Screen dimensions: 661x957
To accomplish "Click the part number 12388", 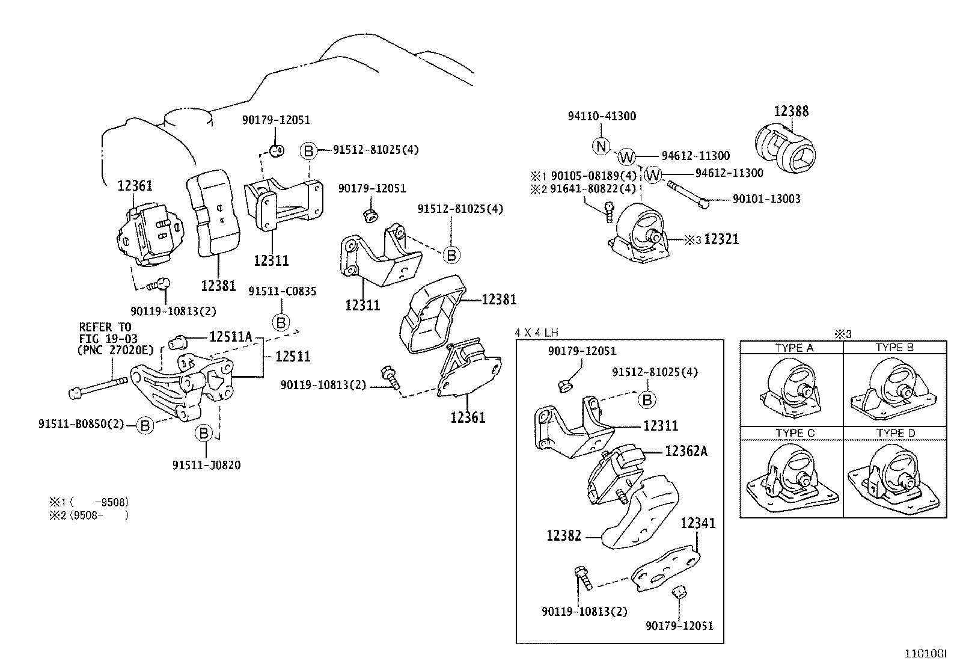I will [x=790, y=111].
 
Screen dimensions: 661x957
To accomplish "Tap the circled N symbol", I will [x=601, y=146].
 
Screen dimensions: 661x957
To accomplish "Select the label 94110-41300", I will [x=602, y=116].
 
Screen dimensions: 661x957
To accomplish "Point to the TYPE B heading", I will [x=894, y=348].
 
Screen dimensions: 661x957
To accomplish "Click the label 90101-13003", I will [x=766, y=199].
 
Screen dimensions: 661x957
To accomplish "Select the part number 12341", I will [x=698, y=523].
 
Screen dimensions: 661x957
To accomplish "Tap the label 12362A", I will [x=686, y=450].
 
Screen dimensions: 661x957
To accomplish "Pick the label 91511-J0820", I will [x=206, y=465].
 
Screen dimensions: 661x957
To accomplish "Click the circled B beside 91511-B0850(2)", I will [x=145, y=425].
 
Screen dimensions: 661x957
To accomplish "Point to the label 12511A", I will [x=230, y=337].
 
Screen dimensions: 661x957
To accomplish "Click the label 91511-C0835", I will [x=283, y=292].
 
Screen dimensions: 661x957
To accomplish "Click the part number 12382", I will [x=564, y=535].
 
